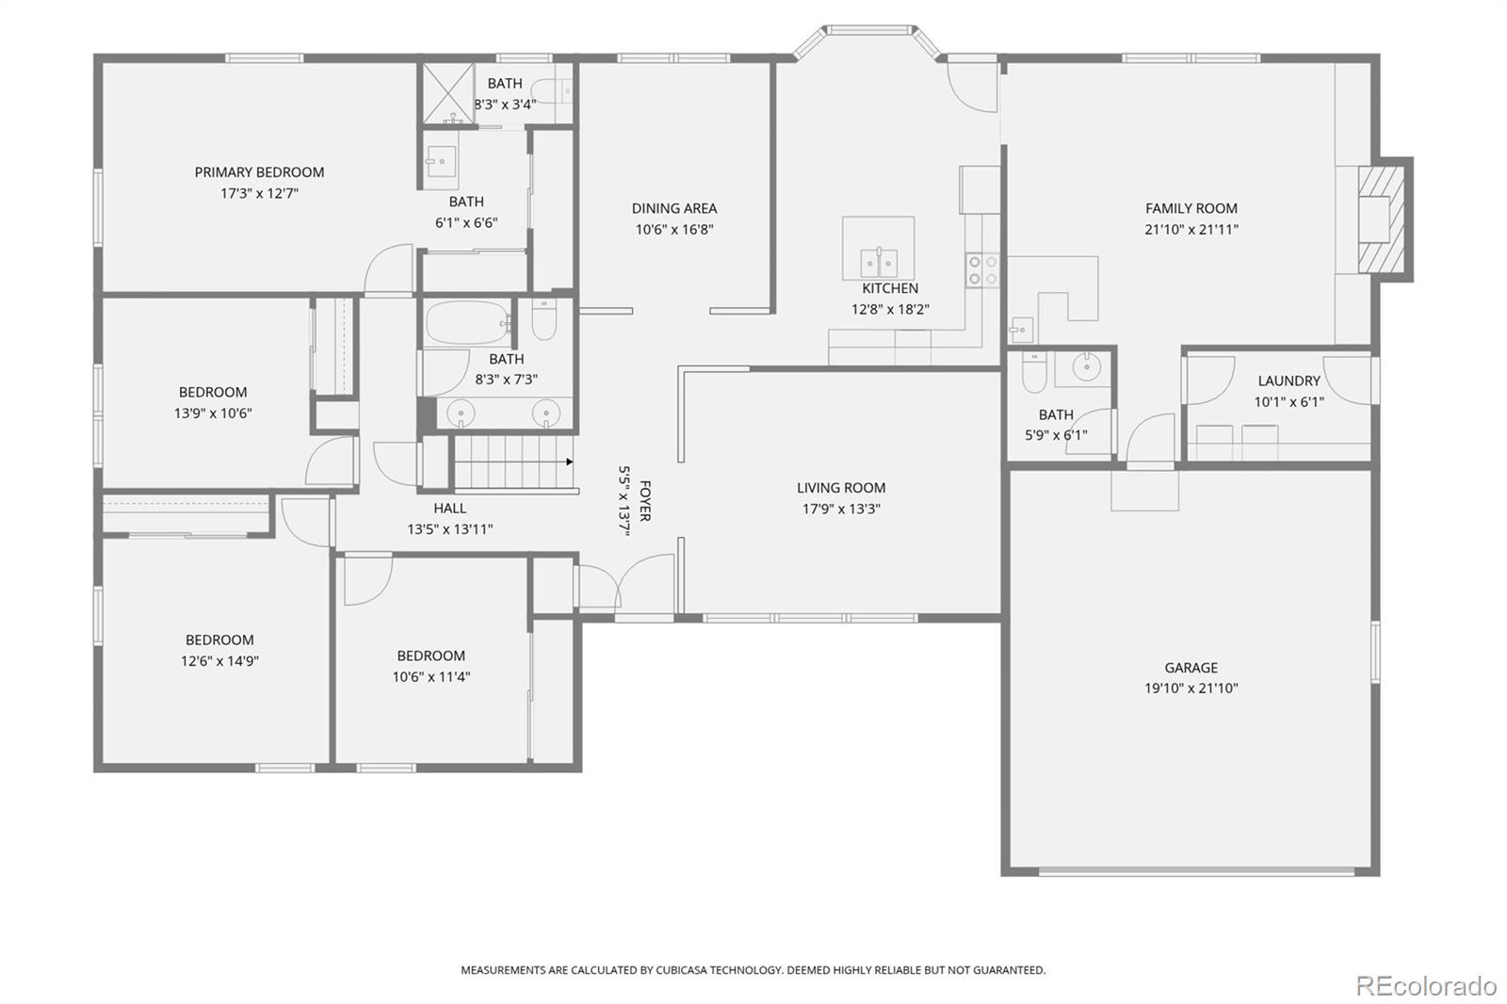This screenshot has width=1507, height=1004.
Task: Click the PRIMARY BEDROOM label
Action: [x=259, y=172]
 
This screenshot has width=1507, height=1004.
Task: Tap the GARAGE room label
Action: [x=1191, y=668]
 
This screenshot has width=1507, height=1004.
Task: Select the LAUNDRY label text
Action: [x=1289, y=381]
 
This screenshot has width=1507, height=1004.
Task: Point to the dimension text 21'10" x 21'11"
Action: [x=1191, y=230]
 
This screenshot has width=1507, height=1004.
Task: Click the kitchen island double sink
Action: [x=879, y=263]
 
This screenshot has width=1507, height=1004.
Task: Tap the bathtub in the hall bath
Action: [x=467, y=323]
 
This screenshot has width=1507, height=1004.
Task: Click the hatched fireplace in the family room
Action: [x=1382, y=219]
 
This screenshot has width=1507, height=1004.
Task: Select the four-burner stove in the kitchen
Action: [x=982, y=270]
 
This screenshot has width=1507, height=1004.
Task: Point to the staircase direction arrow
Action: [x=569, y=462]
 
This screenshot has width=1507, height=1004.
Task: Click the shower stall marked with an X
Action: [x=448, y=93]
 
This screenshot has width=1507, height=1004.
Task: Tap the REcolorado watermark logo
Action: [x=1426, y=986]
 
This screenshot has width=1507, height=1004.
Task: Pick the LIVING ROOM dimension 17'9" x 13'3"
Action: [x=841, y=509]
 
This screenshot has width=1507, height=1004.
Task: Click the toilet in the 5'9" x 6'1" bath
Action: [x=1034, y=371]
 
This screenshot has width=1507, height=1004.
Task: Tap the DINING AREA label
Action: [x=674, y=208]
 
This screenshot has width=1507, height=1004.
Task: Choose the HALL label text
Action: [x=450, y=508]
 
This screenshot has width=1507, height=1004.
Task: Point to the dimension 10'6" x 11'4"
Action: [x=431, y=677]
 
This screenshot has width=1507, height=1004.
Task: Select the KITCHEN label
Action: [x=890, y=288]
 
